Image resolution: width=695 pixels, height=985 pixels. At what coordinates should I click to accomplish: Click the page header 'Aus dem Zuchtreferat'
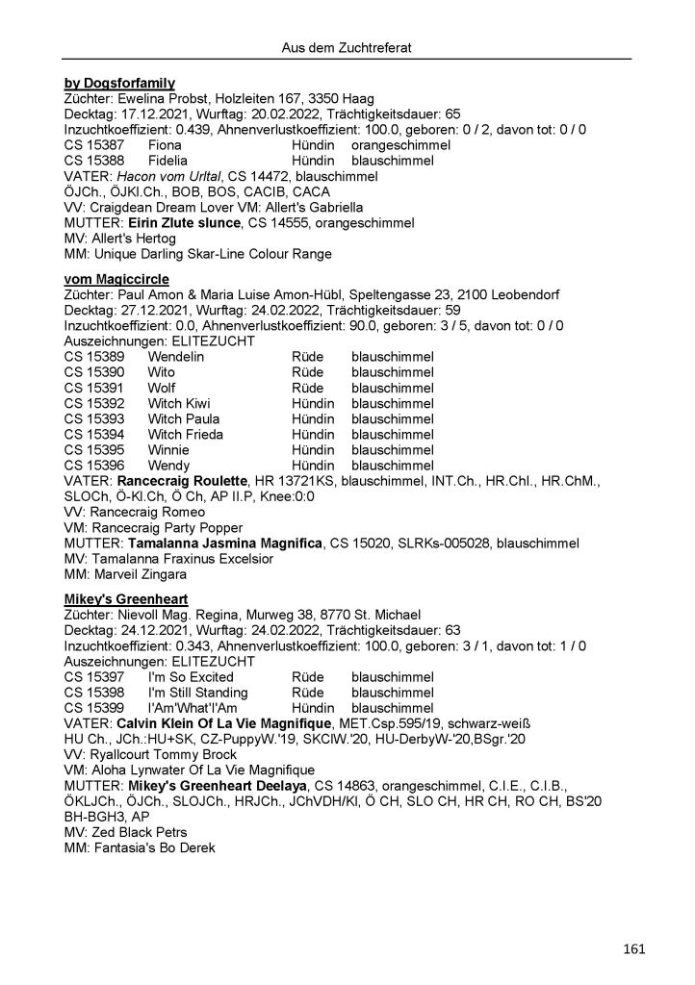pos(347,46)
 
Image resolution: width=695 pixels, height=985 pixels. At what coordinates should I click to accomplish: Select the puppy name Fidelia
pos(168,160)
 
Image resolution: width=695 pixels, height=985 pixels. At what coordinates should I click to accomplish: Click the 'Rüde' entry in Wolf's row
pos(308,389)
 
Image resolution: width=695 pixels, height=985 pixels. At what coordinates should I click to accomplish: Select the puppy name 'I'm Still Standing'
pos(198,693)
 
